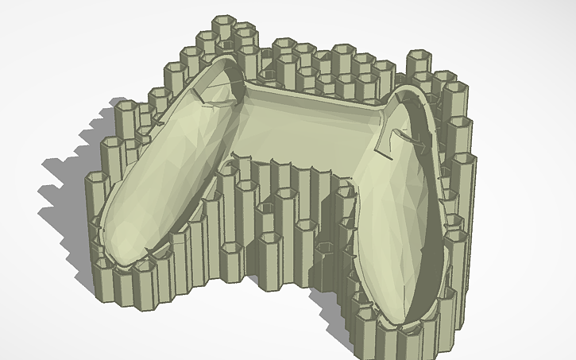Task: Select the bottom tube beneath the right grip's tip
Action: [397, 338]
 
